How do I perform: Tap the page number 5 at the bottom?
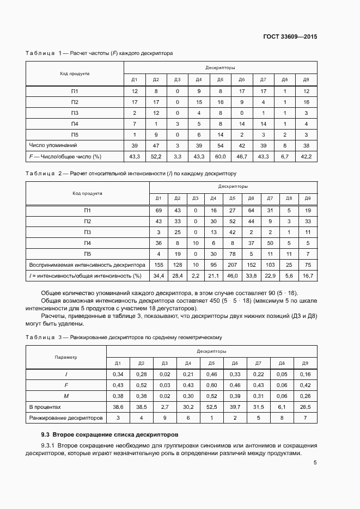[x=315, y=463]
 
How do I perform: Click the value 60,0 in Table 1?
[x=220, y=157]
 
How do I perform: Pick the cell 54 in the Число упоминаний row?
[x=220, y=145]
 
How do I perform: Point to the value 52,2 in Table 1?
[x=156, y=157]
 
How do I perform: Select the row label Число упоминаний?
[x=53, y=145]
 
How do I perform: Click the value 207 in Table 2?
[x=232, y=265]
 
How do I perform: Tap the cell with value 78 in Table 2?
[x=232, y=254]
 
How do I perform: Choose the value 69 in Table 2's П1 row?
[x=158, y=211]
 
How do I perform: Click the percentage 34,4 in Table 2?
[x=158, y=276]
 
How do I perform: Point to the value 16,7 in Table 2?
[x=308, y=276]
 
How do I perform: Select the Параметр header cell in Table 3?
[x=66, y=357]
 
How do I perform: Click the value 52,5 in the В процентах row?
[x=212, y=407]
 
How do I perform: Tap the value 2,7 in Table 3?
[x=164, y=407]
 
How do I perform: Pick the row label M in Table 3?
[x=66, y=396]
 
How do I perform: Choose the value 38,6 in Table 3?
[x=118, y=407]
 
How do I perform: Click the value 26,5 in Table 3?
[x=306, y=407]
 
